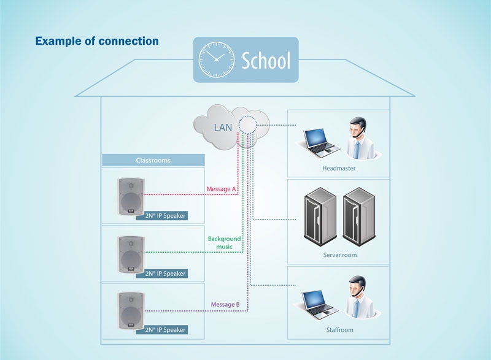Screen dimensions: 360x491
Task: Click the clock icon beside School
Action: [215, 59]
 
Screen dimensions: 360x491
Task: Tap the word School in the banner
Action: [265, 61]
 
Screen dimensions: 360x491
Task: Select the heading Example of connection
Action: [97, 41]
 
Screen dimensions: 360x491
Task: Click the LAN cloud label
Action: [222, 128]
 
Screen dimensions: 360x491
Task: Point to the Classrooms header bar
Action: [153, 160]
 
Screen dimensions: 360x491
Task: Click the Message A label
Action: [222, 189]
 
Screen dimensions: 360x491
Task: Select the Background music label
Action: [224, 242]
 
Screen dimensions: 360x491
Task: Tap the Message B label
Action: [225, 304]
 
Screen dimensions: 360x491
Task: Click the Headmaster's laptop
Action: [318, 142]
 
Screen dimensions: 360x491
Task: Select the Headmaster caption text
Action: [338, 167]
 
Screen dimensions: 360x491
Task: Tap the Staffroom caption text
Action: [339, 330]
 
